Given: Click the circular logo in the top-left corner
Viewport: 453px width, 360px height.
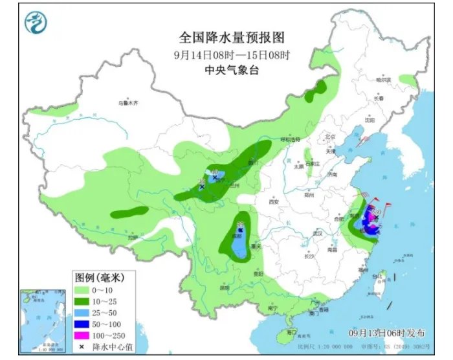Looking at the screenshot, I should pyautogui.click(x=36, y=24).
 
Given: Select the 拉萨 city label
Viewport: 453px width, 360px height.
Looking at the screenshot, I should pyautogui.click(x=133, y=238).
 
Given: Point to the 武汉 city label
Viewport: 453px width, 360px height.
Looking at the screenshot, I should pyautogui.click(x=316, y=234).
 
